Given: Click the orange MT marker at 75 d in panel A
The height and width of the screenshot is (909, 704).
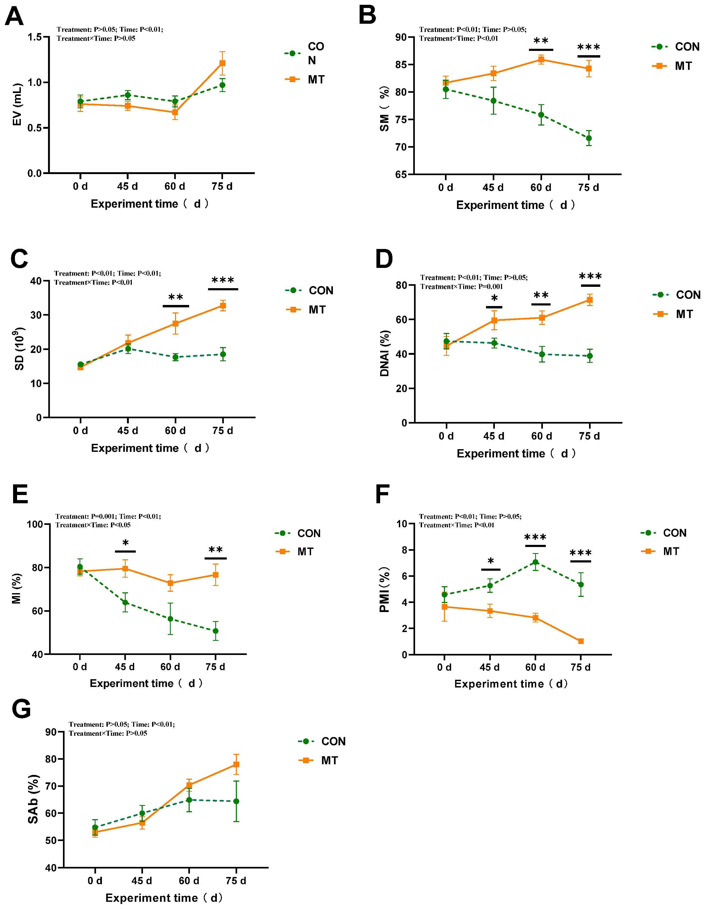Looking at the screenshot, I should point(222,63).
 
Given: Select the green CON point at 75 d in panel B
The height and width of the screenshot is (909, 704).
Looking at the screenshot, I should point(588,138).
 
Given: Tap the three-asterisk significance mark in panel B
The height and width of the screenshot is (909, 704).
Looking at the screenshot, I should point(588,47).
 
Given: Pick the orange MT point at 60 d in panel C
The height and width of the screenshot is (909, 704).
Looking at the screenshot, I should point(175,323).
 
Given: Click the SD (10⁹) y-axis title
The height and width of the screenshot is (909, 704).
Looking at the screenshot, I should point(19,348).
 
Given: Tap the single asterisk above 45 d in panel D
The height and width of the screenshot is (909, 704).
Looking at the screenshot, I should point(494,299).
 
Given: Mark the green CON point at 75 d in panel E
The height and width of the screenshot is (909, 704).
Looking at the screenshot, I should point(215,631).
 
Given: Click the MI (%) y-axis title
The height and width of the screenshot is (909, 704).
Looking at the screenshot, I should point(16,588).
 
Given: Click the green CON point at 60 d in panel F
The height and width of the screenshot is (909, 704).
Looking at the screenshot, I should point(535,562).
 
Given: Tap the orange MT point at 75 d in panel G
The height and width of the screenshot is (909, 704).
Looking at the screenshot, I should point(236,765).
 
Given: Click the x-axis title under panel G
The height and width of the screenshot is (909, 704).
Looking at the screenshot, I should point(164,898).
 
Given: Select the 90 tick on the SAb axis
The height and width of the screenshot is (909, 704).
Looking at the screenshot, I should point(51,732).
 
